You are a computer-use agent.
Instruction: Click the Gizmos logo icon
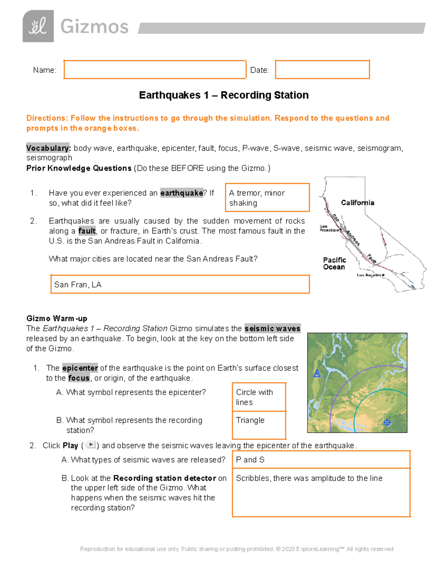[38, 26]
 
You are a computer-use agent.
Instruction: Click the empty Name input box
[155, 69]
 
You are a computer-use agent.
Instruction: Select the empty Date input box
[322, 69]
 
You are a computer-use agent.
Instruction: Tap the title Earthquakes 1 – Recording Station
[224, 95]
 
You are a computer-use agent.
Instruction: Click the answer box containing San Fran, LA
[180, 285]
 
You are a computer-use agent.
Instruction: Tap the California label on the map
[357, 203]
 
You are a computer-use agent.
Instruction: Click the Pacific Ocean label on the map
[334, 263]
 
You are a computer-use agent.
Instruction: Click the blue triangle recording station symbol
[317, 373]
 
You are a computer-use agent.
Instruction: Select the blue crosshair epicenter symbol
[387, 423]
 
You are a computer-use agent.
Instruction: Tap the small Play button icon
[90, 445]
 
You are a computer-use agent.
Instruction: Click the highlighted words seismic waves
[272, 329]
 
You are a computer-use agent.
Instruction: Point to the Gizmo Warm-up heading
[57, 319]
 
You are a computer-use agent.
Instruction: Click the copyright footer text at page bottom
[237, 549]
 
